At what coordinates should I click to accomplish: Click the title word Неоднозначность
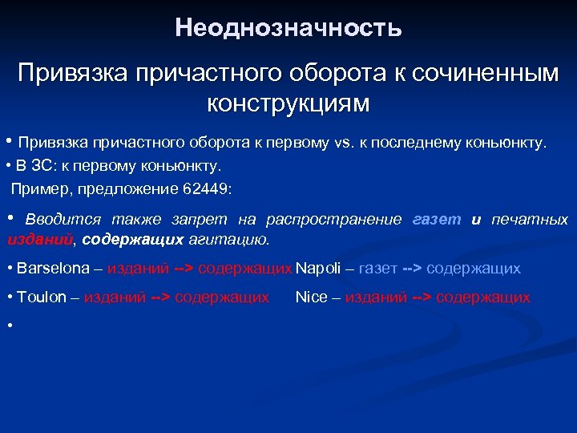point(288,29)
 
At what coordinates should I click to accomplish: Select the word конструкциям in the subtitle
point(288,103)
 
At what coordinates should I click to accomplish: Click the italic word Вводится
point(63,219)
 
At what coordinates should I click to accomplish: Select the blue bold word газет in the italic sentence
point(437,219)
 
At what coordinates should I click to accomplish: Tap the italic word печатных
point(530,219)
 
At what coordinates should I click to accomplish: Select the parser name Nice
point(311,297)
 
